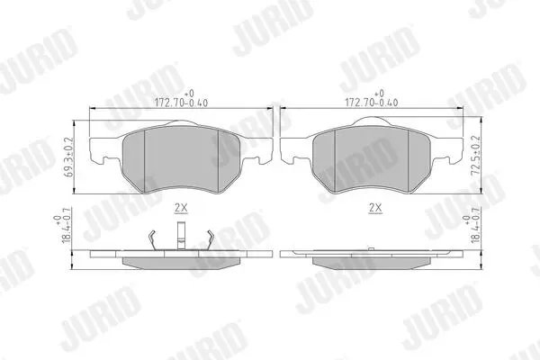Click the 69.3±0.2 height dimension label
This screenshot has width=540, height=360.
pyautogui.click(x=68, y=157)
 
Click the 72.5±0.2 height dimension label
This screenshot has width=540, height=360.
pyautogui.click(x=476, y=156)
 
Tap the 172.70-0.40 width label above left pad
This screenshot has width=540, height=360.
pyautogui.click(x=181, y=103)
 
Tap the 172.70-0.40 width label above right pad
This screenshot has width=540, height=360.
pyautogui.click(x=371, y=103)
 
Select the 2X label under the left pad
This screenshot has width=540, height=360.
pyautogui.click(x=181, y=208)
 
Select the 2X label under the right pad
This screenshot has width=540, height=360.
pyautogui.click(x=375, y=208)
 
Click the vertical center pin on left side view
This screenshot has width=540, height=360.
pyautogui.click(x=181, y=235)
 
